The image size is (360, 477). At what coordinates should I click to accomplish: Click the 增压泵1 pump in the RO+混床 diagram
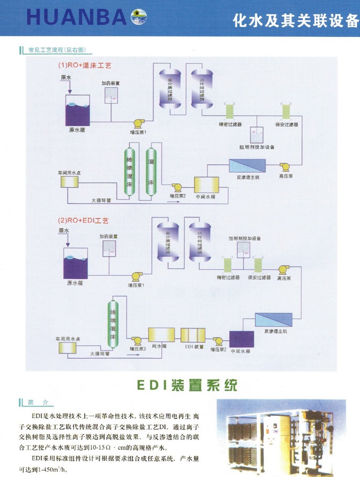tap(139, 122)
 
